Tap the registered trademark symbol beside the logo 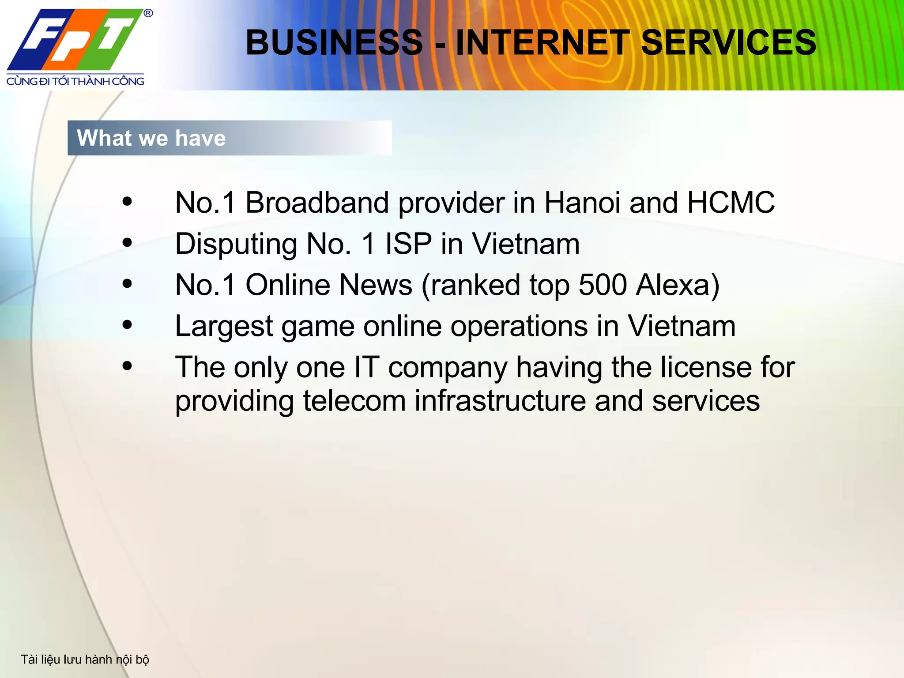[148, 13]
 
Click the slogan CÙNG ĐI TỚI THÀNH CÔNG [75, 81]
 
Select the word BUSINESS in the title [334, 42]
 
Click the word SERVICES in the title [728, 42]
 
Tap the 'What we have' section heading [151, 138]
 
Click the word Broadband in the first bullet [317, 203]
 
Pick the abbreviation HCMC [731, 203]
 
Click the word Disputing [236, 244]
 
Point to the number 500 [603, 285]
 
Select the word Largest [224, 327]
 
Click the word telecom [354, 401]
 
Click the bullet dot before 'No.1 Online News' [127, 284]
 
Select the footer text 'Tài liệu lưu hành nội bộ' [85, 659]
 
